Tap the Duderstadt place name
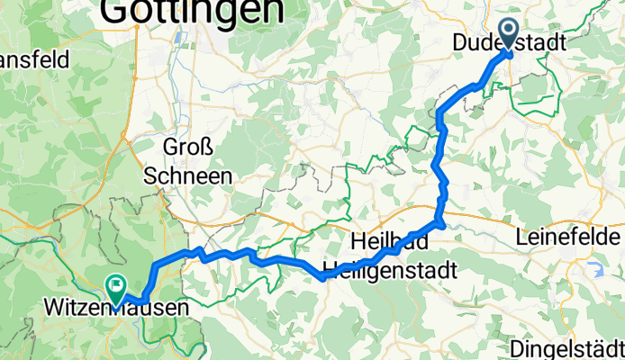pos(509,42)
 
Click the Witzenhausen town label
pos(117,309)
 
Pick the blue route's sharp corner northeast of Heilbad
pos(440,221)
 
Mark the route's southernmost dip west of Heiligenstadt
pos(322,277)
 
